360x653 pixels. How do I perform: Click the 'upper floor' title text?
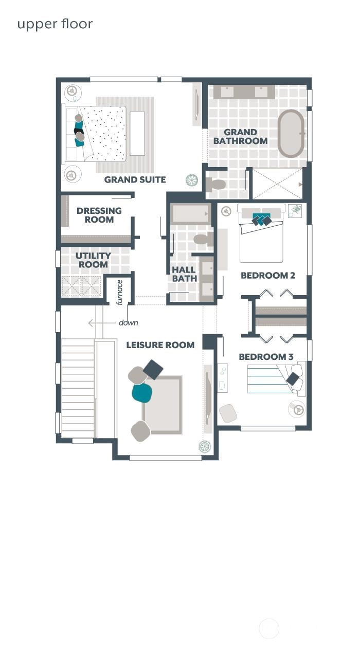[55, 24]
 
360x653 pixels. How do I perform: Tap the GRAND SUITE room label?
[135, 179]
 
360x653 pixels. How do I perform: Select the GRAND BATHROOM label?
[240, 137]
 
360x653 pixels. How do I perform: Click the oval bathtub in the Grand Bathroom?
[291, 133]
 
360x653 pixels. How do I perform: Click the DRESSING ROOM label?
[99, 215]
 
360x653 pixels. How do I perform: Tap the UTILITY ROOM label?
[93, 260]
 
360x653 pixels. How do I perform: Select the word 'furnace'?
[120, 292]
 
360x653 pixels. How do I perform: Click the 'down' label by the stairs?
[128, 323]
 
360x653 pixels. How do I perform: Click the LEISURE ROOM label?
[160, 345]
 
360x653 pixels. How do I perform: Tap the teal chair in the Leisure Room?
[142, 393]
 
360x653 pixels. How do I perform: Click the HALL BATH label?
[184, 274]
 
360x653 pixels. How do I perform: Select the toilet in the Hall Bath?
[203, 239]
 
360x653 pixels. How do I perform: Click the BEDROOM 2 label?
[267, 276]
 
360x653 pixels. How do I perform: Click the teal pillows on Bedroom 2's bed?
[261, 220]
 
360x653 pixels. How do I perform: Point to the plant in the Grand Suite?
[192, 180]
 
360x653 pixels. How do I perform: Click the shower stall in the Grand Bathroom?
[277, 184]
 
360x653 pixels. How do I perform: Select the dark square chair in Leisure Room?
[153, 369]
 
